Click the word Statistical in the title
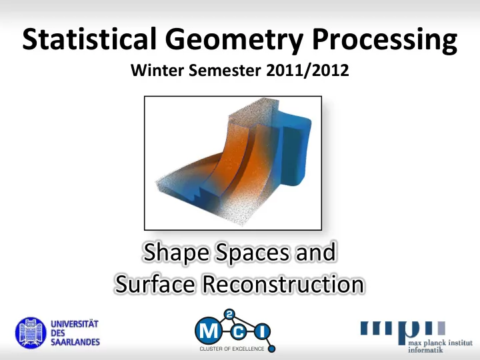coord(89,39)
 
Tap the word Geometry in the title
coord(234,41)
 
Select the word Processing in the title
coord(385,41)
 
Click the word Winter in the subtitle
coord(157,71)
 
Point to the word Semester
coord(225,71)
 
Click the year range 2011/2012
coord(307,71)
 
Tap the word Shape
coord(177,253)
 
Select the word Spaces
coord(253,253)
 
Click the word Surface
coord(155,284)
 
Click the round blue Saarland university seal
coord(31,333)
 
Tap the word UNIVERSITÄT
coord(75,324)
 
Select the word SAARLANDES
coord(75,342)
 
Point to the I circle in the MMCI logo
coord(262,331)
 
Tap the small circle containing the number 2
coord(230,315)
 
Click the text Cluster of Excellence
coord(232,349)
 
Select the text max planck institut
coord(440,342)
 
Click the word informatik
coord(425,349)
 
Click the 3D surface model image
coord(233,163)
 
